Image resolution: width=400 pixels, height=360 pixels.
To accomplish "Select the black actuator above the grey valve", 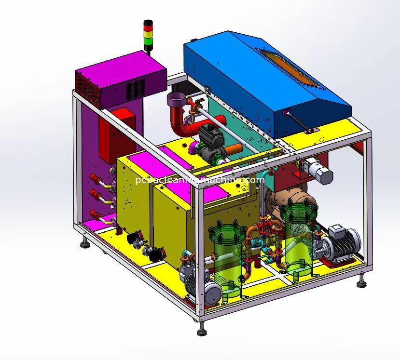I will click(x=211, y=135).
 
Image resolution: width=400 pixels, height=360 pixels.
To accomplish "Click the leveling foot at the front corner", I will click(x=202, y=332).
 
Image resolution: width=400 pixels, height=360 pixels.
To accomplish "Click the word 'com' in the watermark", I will click(x=255, y=180).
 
